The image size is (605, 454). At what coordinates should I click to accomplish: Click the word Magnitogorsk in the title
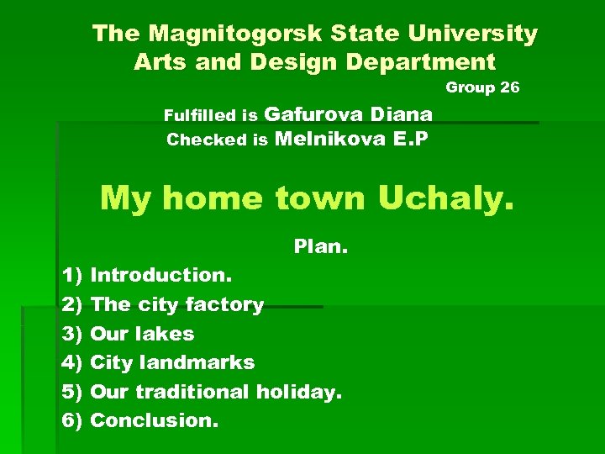point(223,34)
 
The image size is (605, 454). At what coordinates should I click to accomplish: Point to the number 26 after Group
point(509,87)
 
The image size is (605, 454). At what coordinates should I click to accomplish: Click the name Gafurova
point(314,113)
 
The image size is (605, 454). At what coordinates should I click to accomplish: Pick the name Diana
point(401,113)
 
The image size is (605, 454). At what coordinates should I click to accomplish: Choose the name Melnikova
point(329,139)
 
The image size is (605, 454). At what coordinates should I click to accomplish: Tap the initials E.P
point(410,139)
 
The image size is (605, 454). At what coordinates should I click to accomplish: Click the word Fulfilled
point(200,115)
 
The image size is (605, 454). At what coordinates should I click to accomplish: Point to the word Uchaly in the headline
point(445,198)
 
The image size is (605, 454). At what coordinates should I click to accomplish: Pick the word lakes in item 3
point(166,334)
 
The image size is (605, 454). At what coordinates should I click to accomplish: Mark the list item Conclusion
point(154,420)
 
